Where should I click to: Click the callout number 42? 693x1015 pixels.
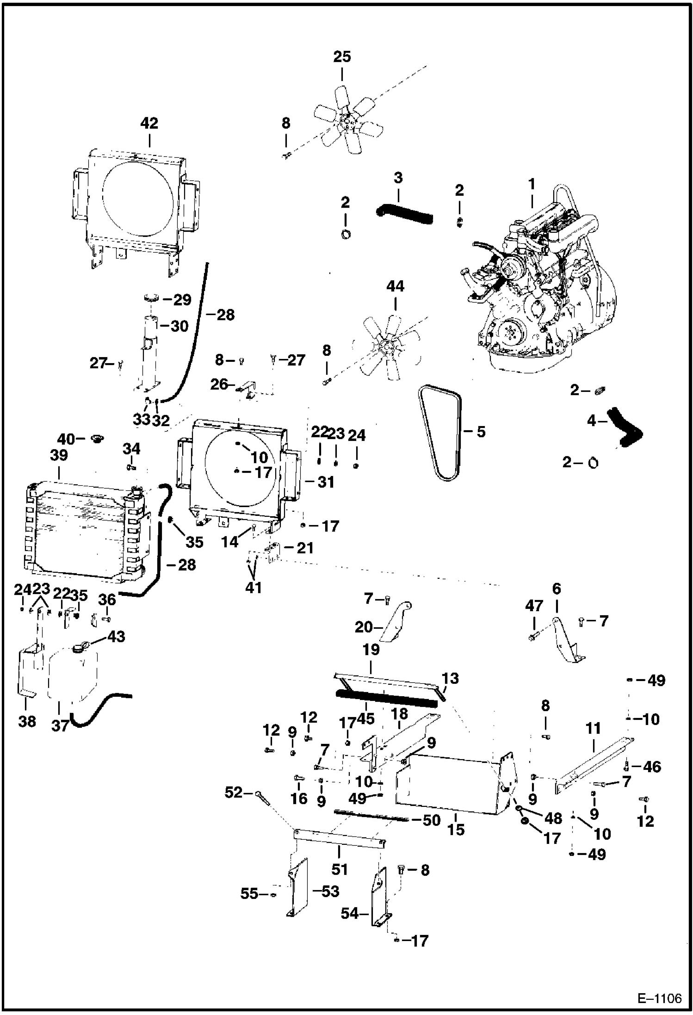click(149, 123)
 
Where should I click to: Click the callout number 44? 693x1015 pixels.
click(395, 286)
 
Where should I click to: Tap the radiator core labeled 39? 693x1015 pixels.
click(83, 532)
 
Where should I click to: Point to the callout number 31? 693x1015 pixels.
click(326, 482)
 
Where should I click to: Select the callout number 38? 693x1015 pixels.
click(27, 721)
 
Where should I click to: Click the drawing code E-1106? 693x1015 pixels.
click(659, 999)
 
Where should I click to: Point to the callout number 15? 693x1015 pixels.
click(456, 829)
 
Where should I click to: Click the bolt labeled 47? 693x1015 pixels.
click(532, 637)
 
